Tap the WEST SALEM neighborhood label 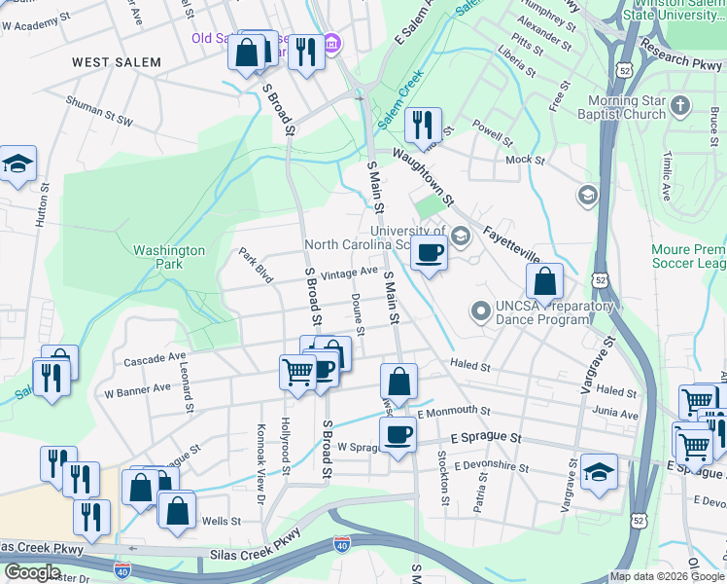coord(116,62)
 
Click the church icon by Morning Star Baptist coord(680,104)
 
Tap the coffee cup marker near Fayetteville coord(428,253)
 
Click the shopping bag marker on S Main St coord(398,381)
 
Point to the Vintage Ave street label coord(349,274)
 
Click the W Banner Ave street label coord(137,389)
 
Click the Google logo coord(32,572)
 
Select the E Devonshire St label coord(490,467)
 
